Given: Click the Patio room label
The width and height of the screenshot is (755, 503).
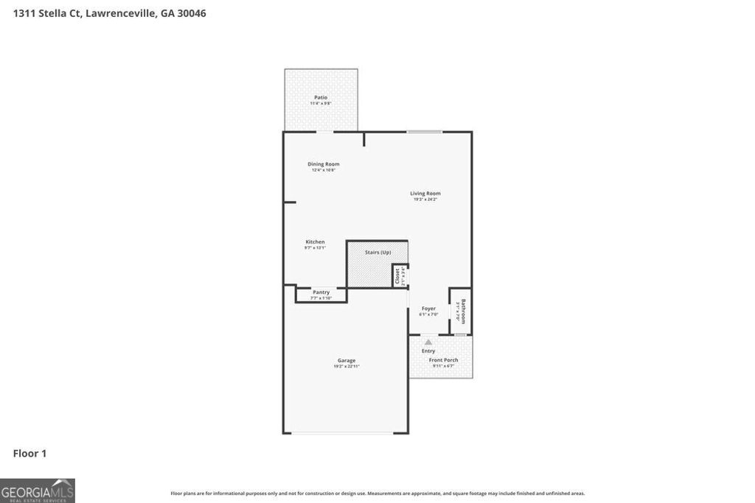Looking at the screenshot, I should click(x=321, y=97).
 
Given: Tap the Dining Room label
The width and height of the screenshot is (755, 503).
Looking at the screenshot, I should click(x=324, y=164).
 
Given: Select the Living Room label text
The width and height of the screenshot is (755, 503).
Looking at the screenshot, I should click(x=425, y=194).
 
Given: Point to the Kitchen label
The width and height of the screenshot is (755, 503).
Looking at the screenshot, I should click(x=315, y=242).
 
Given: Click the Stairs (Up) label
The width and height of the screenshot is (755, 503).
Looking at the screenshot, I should click(x=377, y=253).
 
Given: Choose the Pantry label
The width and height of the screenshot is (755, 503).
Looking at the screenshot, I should click(x=321, y=292).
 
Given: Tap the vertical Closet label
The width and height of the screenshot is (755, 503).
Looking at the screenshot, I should click(x=397, y=276).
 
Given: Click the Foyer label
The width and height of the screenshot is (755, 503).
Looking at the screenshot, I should click(x=428, y=309).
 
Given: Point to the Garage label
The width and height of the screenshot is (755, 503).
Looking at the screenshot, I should click(x=347, y=361).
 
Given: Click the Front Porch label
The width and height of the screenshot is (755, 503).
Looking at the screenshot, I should click(x=444, y=360).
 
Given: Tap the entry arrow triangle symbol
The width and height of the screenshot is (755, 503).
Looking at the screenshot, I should click(x=428, y=342).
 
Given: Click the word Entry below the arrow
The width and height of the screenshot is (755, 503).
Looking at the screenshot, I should click(x=428, y=351).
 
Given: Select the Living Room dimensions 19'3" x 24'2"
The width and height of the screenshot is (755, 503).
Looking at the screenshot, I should click(x=425, y=200).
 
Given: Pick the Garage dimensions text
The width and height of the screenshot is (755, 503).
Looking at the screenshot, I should click(x=347, y=366).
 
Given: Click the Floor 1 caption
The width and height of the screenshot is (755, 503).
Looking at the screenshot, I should click(x=29, y=454).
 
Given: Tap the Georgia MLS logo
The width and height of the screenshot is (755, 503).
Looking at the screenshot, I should click(x=38, y=490).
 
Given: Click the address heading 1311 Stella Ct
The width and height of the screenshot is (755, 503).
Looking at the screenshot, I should click(x=110, y=13).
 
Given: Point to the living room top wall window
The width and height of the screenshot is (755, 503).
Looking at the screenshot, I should click(x=425, y=132).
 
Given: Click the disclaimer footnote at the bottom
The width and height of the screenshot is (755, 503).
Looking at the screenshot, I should click(x=377, y=493).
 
